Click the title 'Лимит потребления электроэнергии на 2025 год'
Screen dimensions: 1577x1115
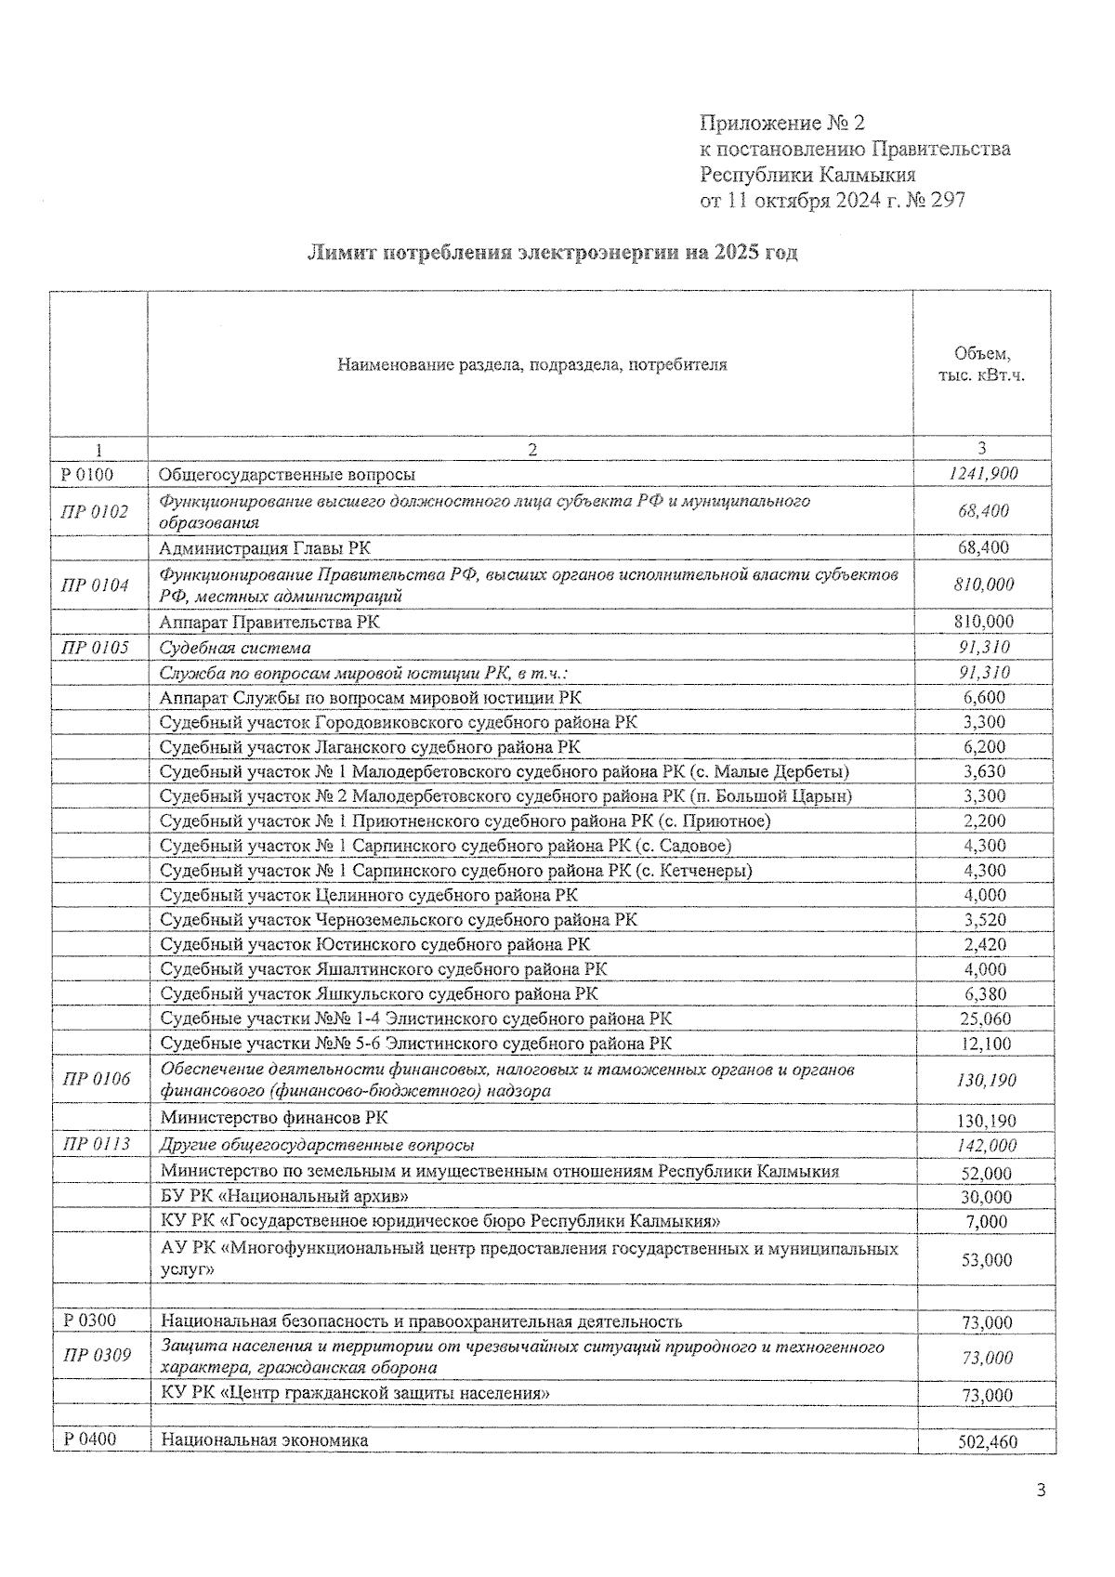pyautogui.click(x=552, y=253)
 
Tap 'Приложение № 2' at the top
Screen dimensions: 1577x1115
pyautogui.click(x=781, y=123)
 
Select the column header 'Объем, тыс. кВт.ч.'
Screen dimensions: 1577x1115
pyautogui.click(x=981, y=364)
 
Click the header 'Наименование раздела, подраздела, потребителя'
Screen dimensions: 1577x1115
pyautogui.click(x=531, y=364)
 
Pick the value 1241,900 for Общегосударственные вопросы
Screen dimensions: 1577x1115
pyautogui.click(x=984, y=474)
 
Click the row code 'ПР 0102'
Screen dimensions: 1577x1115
pyautogui.click(x=95, y=511)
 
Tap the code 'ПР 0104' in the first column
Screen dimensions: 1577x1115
pyautogui.click(x=95, y=585)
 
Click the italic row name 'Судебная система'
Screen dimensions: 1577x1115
pyautogui.click(x=235, y=648)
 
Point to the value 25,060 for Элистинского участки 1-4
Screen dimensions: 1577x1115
pyautogui.click(x=985, y=1019)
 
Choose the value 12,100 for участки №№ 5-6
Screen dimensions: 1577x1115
pyautogui.click(x=985, y=1044)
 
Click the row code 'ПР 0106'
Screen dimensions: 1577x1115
pyautogui.click(x=96, y=1080)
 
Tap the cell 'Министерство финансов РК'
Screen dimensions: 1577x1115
pyautogui.click(x=274, y=1118)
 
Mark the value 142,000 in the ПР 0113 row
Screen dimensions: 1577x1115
pyautogui.click(x=986, y=1146)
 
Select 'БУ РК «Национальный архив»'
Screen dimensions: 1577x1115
pyautogui.click(x=284, y=1197)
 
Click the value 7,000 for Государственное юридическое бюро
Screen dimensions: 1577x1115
pyautogui.click(x=987, y=1222)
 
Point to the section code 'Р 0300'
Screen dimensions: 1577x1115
pyautogui.click(x=88, y=1321)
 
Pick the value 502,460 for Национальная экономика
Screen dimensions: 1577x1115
pyautogui.click(x=987, y=1442)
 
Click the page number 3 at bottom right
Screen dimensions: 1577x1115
pyautogui.click(x=1041, y=1492)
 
